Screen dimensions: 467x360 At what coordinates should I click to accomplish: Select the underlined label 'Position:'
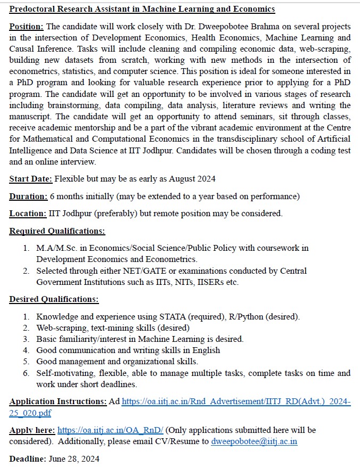[27, 27]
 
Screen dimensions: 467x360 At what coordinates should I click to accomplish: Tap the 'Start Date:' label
[30, 179]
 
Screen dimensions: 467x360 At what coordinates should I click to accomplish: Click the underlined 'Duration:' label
[28, 196]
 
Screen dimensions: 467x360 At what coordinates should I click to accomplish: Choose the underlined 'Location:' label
[28, 214]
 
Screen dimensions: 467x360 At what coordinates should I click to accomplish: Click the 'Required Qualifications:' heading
[57, 231]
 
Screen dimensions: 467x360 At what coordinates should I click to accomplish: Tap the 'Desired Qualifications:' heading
[54, 299]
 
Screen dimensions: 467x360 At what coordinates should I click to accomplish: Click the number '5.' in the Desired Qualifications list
[26, 362]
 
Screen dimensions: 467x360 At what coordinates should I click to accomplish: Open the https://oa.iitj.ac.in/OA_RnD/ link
[110, 430]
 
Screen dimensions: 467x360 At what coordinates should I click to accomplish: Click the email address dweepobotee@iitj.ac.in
[254, 441]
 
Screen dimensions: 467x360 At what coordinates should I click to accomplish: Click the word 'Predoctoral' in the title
[33, 10]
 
